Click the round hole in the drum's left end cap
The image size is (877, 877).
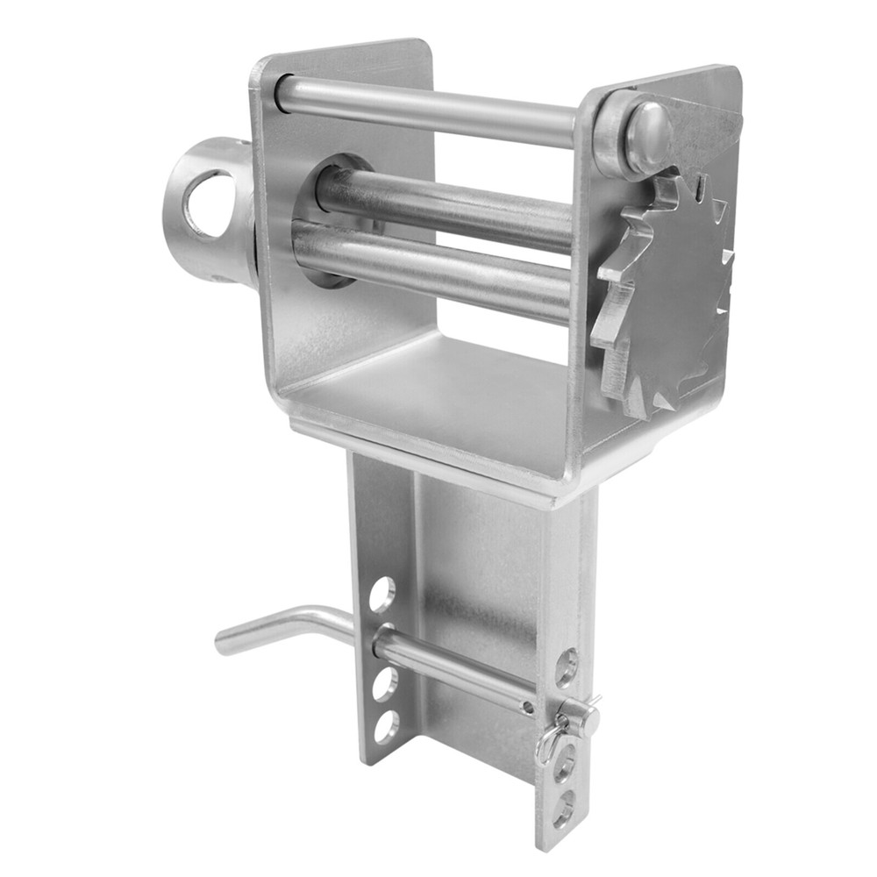[209, 204]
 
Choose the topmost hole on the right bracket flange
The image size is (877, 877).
[566, 667]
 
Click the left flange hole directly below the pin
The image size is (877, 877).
[384, 684]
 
